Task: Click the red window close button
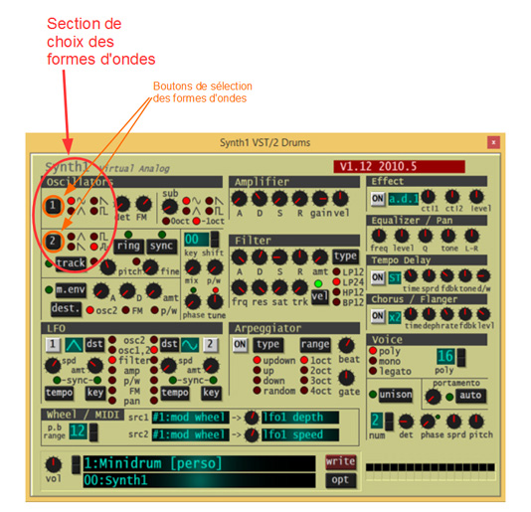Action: (x=492, y=142)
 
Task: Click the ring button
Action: (x=127, y=246)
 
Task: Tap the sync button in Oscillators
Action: (x=161, y=246)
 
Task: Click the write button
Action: (x=340, y=462)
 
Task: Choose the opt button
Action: (x=340, y=480)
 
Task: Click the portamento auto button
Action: (x=469, y=395)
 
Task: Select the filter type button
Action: (x=345, y=256)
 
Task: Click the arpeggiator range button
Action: (x=315, y=345)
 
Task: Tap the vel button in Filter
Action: (x=320, y=296)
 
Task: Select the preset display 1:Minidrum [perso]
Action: (x=198, y=462)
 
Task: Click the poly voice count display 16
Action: (x=444, y=358)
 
